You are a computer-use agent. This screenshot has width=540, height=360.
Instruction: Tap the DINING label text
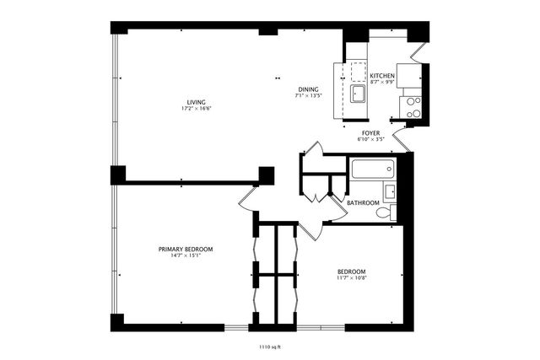307,89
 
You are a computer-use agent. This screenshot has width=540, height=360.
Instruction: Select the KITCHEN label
382,76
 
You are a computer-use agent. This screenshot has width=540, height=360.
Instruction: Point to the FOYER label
370,132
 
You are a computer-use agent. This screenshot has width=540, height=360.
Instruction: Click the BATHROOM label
363,202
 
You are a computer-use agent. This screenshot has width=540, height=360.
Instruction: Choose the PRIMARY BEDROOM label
186,249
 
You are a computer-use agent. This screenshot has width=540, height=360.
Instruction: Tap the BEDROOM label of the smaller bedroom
351,271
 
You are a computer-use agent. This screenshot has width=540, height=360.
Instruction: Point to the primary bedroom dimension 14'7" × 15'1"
186,256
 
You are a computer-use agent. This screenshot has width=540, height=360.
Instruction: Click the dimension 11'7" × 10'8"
351,278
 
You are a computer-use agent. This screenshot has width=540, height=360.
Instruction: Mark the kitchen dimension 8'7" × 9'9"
382,83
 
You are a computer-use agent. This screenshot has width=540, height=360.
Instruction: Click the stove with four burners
413,106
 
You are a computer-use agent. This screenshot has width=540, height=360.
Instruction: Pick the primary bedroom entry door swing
248,199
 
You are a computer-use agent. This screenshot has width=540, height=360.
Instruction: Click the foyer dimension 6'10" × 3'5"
370,139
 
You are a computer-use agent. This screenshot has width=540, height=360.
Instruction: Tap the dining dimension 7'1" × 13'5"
307,96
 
